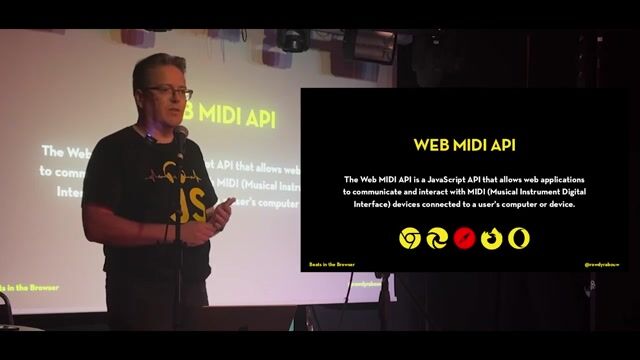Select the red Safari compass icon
coord(463,238)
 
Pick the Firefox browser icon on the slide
coord(491,238)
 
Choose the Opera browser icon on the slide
coord(518,238)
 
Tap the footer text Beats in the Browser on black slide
coord(332,264)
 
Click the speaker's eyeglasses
coord(167,92)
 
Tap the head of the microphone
coord(181,134)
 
